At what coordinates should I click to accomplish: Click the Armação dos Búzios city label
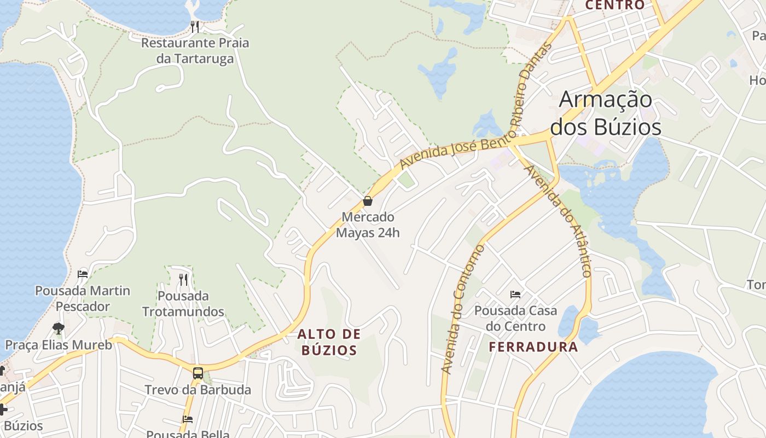click(606, 114)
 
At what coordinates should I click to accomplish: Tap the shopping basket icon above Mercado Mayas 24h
click(368, 201)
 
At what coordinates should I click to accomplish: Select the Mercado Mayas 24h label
click(368, 225)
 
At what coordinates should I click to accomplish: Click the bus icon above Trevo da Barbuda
click(198, 373)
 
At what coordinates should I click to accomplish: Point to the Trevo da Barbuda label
click(198, 390)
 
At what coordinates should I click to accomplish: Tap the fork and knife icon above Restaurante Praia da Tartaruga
click(194, 26)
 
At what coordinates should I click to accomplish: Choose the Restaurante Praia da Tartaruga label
click(195, 50)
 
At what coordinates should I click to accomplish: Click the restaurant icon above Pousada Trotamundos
click(183, 279)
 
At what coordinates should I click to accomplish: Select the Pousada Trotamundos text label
click(183, 304)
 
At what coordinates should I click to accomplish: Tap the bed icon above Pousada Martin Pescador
click(83, 274)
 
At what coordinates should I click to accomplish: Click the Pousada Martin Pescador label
click(83, 298)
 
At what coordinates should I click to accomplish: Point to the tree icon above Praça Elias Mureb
click(58, 328)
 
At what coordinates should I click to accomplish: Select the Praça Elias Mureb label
click(59, 345)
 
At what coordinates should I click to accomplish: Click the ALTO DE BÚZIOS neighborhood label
click(329, 342)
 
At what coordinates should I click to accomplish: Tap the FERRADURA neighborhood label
click(533, 347)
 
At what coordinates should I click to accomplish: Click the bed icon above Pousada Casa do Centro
click(515, 295)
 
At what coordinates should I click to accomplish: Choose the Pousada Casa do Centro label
click(515, 319)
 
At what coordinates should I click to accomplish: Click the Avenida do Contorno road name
click(463, 309)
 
